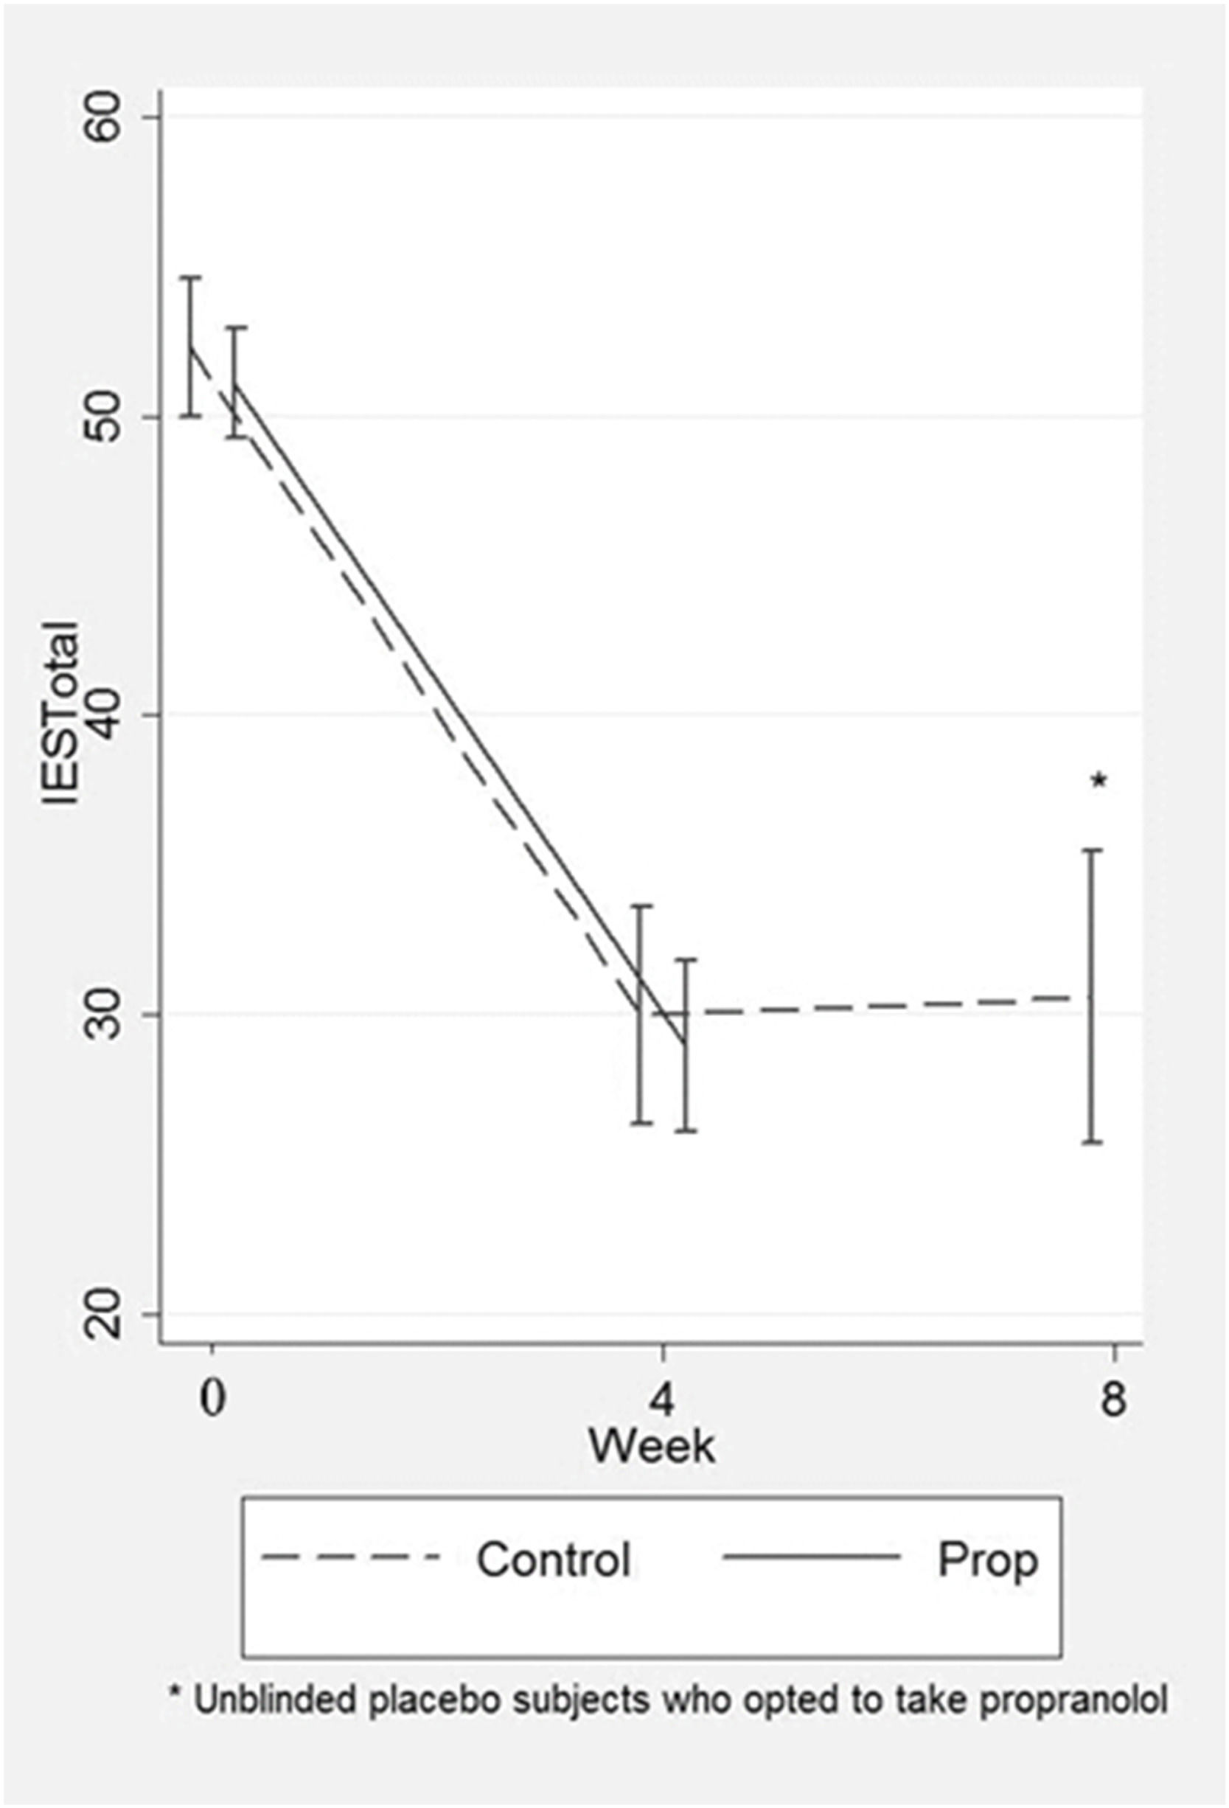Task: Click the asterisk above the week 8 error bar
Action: tap(1099, 780)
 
